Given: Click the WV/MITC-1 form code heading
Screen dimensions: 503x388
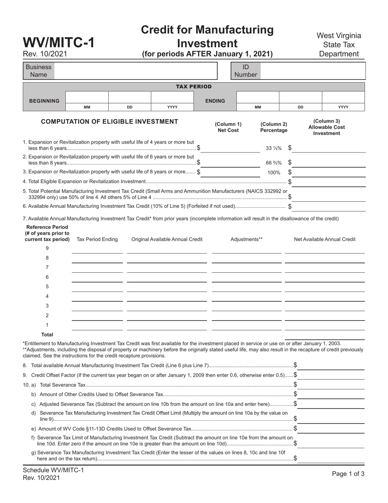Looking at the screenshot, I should (59, 43).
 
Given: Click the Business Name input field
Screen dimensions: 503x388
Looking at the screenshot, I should (135, 71).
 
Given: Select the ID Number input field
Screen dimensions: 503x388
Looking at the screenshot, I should (312, 71).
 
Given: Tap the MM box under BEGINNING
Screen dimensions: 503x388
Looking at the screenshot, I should (87, 97).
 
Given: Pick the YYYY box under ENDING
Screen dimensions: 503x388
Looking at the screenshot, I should (343, 97).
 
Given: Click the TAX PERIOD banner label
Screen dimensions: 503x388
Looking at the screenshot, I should (194, 87).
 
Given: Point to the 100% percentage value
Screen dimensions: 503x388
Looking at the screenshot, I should (274, 173).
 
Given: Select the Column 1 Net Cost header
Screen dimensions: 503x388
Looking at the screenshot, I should (228, 127).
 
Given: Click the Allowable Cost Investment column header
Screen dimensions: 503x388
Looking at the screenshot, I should (326, 127).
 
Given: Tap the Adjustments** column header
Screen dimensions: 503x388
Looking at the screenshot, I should (246, 239).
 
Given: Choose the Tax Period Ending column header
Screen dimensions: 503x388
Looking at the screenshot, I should (97, 239).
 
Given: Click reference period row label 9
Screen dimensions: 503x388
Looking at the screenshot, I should (47, 248).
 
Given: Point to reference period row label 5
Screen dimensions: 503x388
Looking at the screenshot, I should (47, 287).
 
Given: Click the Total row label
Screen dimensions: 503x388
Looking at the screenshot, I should (47, 335).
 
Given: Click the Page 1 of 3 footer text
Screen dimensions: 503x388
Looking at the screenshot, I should (348, 474).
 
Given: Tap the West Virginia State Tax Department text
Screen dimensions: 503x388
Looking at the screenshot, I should (339, 45).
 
